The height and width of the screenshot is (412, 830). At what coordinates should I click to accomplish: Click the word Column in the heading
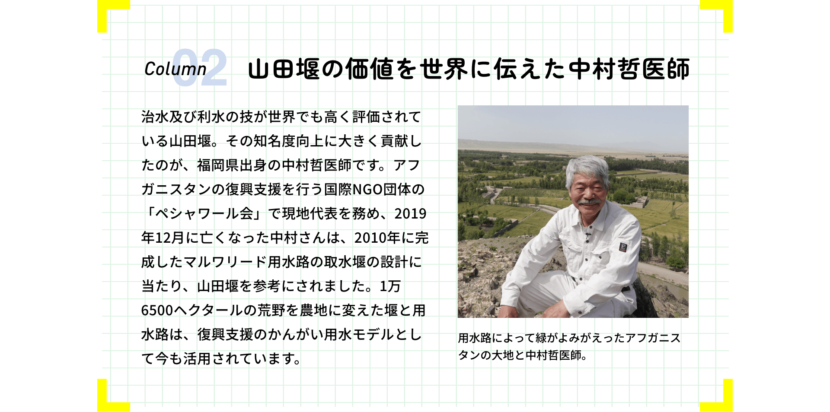(x=175, y=69)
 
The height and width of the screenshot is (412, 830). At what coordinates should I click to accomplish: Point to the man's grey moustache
(x=589, y=202)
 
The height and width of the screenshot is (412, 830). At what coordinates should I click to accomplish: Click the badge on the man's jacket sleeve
(x=622, y=247)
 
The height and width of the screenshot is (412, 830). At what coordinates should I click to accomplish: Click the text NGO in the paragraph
(x=368, y=190)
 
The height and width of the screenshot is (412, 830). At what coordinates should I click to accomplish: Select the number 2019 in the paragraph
(x=410, y=214)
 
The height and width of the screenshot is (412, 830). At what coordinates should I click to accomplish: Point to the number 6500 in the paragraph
(x=157, y=311)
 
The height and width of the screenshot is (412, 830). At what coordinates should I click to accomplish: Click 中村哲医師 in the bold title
(x=629, y=69)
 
